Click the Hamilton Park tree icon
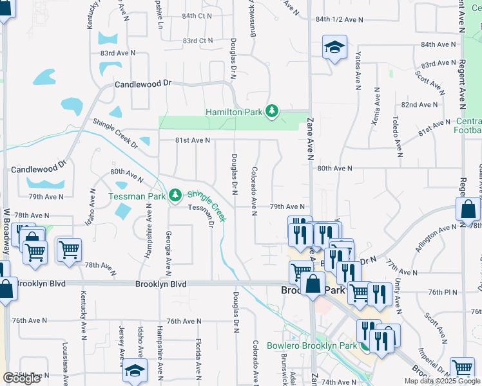pyautogui.click(x=273, y=112)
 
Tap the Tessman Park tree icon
pyautogui.click(x=175, y=195)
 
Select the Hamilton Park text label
pyautogui.click(x=234, y=112)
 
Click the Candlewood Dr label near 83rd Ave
pyautogui.click(x=144, y=84)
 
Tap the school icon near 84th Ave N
pyautogui.click(x=334, y=47)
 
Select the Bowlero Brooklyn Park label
pyautogui.click(x=312, y=345)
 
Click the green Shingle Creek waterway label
pyautogui.click(x=207, y=205)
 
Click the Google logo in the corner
pyautogui.click(x=21, y=378)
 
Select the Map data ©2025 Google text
pyautogui.click(x=442, y=381)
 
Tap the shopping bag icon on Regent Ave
pyautogui.click(x=468, y=210)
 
